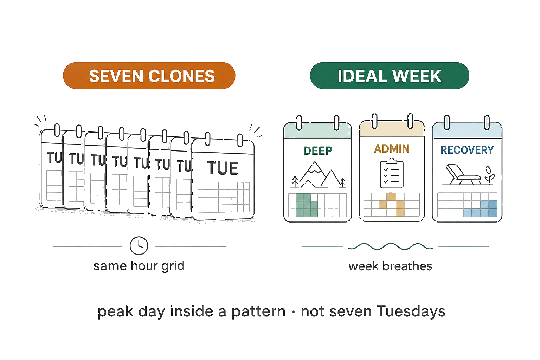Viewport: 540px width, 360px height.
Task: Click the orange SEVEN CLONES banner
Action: click(149, 76)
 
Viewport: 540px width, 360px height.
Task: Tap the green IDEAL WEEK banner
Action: click(389, 76)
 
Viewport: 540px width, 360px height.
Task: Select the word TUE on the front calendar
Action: click(222, 168)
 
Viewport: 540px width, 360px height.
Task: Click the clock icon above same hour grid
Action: click(139, 246)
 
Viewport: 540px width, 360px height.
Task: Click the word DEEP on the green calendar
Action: click(318, 151)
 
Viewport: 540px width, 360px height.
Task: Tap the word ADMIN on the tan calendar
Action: click(392, 149)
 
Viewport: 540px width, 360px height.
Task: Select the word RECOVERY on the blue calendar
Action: click(467, 150)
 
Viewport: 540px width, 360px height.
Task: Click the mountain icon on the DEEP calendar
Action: click(318, 175)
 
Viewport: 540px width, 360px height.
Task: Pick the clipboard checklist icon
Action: click(392, 173)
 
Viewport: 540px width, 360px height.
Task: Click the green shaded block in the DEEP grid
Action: click(307, 205)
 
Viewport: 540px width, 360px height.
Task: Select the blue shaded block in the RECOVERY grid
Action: click(480, 209)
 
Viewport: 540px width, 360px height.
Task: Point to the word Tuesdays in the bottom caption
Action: click(411, 311)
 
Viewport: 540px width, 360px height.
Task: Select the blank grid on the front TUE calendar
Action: click(224, 197)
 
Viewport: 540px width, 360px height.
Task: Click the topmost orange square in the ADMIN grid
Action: click(391, 197)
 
